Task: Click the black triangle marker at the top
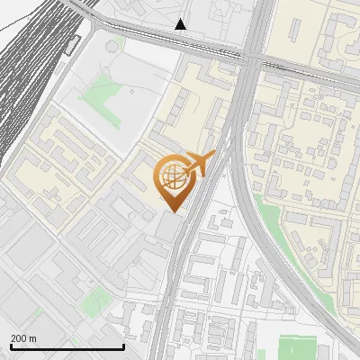pyautogui.click(x=181, y=24)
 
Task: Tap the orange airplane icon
pyautogui.click(x=201, y=166)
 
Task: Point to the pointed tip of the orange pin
pyautogui.click(x=171, y=211)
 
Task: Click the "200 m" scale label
pyautogui.click(x=23, y=338)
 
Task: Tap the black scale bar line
pyautogui.click(x=67, y=346)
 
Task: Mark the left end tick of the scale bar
pyautogui.click(x=11, y=345)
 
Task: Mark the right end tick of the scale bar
pyautogui.click(x=123, y=345)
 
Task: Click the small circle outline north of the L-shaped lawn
pyautogui.click(x=112, y=45)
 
